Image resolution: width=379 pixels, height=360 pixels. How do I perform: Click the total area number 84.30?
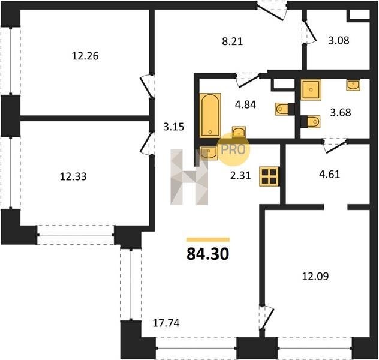[208, 254]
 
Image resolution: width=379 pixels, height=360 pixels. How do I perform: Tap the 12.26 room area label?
[85, 56]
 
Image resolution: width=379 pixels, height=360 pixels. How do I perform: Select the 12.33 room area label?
[73, 176]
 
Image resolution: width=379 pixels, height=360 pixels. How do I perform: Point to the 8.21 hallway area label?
[232, 41]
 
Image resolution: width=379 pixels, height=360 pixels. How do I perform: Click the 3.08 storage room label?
[339, 40]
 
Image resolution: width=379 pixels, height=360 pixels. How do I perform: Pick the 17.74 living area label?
[166, 323]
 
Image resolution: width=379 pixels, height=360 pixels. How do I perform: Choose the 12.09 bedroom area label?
[315, 276]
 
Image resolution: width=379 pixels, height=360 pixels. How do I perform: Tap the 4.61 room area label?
[329, 174]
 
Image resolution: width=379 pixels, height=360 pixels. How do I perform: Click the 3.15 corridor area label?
[173, 127]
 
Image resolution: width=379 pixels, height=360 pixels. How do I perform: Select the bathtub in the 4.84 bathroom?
[210, 116]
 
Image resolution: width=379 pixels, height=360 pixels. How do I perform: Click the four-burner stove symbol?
[269, 176]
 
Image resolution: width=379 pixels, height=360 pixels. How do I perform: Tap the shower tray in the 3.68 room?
[311, 89]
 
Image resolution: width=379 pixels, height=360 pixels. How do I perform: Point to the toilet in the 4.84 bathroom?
[282, 109]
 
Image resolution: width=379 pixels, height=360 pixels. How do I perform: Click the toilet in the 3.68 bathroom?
[313, 122]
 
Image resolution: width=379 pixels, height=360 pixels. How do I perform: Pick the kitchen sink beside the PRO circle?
[209, 152]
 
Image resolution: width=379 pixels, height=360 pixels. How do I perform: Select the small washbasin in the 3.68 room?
[353, 85]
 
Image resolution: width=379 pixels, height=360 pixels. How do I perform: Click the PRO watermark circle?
[233, 149]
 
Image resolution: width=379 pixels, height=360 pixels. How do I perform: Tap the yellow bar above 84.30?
[208, 239]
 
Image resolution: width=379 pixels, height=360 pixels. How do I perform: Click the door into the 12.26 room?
[146, 86]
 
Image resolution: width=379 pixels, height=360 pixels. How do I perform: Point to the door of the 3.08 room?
[309, 32]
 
